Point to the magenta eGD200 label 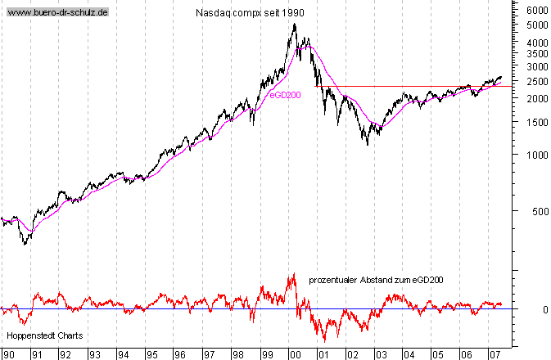coord(284,96)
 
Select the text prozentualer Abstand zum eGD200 coord(376,280)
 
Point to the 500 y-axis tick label coord(537,212)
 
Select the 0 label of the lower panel coord(534,309)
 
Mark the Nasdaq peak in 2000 coord(295,24)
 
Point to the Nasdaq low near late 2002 coord(368,145)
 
